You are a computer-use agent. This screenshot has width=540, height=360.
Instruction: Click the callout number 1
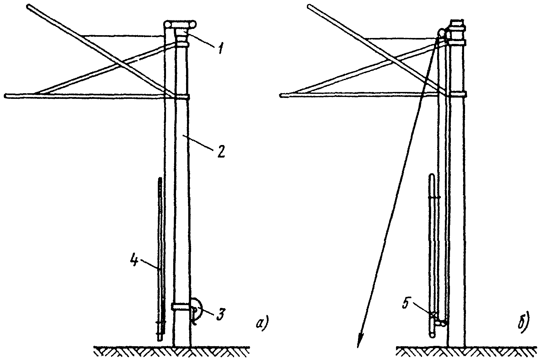click(x=220, y=48)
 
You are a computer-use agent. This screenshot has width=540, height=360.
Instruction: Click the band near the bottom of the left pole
click(x=181, y=306)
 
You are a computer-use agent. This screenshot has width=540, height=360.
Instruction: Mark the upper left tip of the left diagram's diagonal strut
click(x=29, y=6)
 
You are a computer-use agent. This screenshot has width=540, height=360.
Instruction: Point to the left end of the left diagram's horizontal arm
click(x=6, y=96)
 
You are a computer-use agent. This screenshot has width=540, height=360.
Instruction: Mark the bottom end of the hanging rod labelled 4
click(x=160, y=339)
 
